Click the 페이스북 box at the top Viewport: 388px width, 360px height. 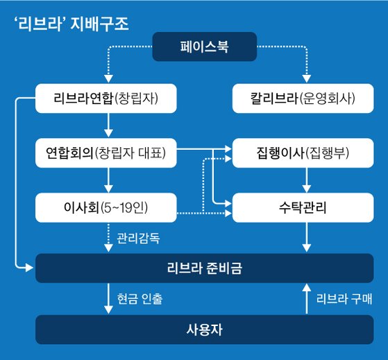click(204, 46)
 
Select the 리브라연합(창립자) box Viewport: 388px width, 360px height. click(106, 98)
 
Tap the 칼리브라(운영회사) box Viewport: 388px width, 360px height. click(303, 98)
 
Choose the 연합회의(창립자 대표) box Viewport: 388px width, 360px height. click(106, 153)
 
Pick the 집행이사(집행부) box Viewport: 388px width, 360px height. click(303, 153)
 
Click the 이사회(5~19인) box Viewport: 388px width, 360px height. click(106, 207)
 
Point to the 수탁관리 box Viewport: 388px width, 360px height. click(303, 207)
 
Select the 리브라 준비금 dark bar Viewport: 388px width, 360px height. click(204, 268)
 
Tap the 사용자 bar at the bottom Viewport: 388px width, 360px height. click(204, 329)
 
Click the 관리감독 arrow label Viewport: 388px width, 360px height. click(138, 239)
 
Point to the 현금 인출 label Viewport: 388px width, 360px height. click(140, 299)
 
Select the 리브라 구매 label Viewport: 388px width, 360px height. click(344, 299)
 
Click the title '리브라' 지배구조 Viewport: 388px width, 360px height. click(71, 24)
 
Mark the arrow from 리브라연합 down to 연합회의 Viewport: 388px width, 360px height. click(108, 125)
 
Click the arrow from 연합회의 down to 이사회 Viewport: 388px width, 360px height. click(108, 180)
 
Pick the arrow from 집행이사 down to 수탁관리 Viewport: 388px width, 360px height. click(307, 180)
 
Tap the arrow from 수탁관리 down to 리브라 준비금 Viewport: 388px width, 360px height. click(307, 237)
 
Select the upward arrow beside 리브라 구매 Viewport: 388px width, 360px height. click(307, 299)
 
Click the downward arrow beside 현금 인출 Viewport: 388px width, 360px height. click(108, 299)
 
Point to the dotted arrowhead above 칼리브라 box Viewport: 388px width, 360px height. click(307, 78)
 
